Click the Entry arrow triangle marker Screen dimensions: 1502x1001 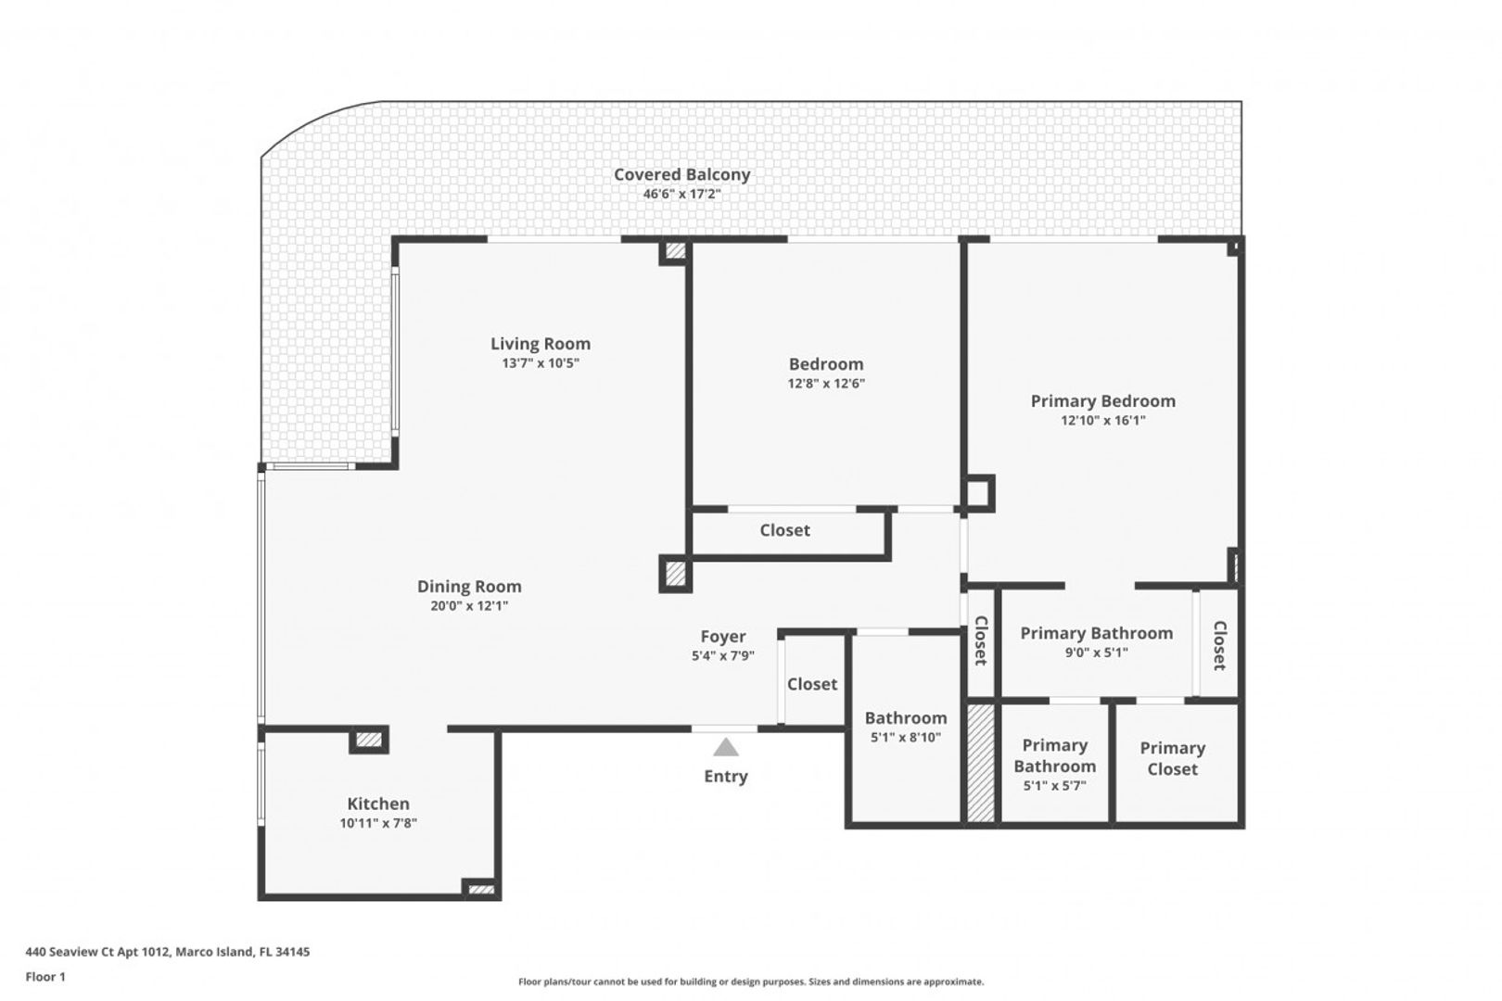[x=726, y=747]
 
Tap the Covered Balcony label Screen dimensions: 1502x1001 [x=682, y=174]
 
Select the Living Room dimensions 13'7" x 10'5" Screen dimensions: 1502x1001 [x=541, y=363]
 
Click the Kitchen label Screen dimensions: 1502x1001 [x=378, y=804]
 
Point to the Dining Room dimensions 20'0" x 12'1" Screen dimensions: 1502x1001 [x=469, y=606]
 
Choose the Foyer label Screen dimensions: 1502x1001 [x=723, y=636]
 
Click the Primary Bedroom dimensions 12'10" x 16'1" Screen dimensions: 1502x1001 [x=1103, y=421]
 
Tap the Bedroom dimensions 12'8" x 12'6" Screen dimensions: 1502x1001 [x=826, y=384]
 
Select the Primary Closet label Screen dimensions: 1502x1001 [x=1172, y=758]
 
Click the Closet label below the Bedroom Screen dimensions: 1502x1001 [x=784, y=530]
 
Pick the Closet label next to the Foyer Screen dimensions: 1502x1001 [x=812, y=684]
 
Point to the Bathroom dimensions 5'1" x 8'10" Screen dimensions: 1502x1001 [x=906, y=738]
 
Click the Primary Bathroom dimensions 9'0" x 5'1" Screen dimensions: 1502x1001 [x=1096, y=653]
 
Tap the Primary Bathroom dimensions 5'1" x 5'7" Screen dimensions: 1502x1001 [x=1055, y=785]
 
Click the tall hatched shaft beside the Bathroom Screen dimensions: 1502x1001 [x=980, y=762]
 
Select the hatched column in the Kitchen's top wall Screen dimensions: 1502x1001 [x=368, y=741]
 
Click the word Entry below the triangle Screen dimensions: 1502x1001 [x=726, y=777]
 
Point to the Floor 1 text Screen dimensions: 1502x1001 [x=45, y=977]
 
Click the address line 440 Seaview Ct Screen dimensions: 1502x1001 [x=168, y=952]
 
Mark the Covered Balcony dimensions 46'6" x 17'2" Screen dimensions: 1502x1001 [x=682, y=195]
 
